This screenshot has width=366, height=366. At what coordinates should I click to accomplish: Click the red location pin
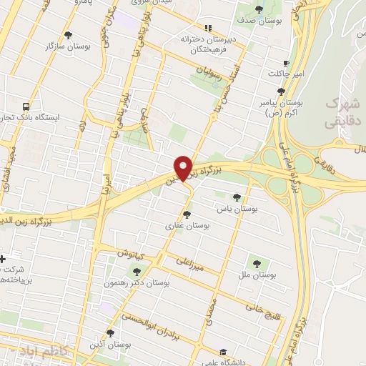coord(183,167)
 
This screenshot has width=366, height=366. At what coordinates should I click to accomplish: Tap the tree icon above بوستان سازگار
coord(68,34)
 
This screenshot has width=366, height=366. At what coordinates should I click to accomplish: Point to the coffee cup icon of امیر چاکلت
coord(286,63)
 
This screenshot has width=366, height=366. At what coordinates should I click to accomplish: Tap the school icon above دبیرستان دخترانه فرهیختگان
coord(208,26)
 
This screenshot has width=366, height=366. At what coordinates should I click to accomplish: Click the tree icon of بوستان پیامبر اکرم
coord(281,91)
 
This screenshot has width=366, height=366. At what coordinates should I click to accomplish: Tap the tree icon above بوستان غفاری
coord(187,214)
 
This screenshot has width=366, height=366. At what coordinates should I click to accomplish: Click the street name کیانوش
coord(132,254)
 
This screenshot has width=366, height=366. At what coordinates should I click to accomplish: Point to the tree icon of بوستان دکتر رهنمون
coord(137,272)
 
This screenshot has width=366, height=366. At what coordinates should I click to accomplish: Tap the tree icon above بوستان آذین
coord(110,332)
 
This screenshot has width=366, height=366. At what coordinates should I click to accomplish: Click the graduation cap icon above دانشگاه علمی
coord(223,352)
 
